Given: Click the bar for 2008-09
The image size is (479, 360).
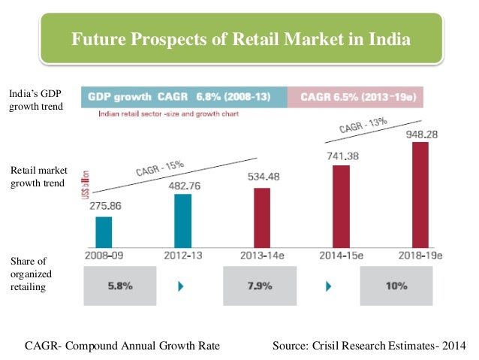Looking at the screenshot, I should click(104, 231).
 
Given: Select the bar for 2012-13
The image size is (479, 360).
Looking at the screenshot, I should click(182, 220).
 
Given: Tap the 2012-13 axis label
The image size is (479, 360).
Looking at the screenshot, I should click(183, 256).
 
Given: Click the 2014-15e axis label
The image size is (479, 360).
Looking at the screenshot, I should click(341, 256).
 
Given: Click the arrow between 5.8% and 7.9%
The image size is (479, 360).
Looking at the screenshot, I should click(180, 286).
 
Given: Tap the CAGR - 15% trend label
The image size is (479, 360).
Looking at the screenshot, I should click(160, 167).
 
